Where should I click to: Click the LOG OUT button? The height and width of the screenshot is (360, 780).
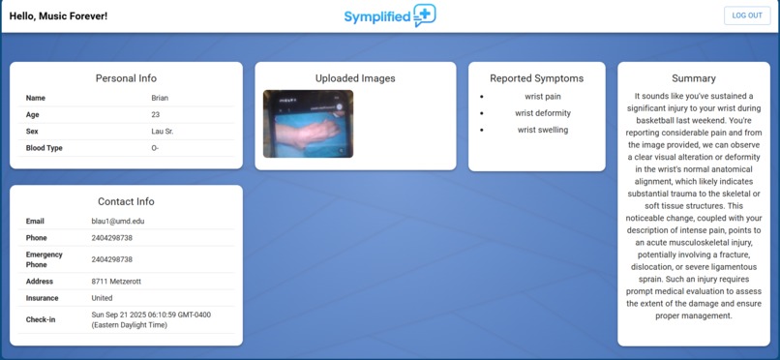point(747,15)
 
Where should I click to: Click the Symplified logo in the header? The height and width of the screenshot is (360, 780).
point(390,15)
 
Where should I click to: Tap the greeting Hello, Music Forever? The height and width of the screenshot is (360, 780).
point(58,16)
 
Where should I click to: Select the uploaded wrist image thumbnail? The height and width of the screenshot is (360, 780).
point(308,124)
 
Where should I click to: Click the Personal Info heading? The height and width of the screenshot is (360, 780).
point(126,78)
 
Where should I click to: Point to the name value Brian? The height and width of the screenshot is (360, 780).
point(160,98)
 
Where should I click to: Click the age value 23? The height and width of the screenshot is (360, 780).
point(156,114)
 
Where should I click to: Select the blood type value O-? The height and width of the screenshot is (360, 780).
point(156,148)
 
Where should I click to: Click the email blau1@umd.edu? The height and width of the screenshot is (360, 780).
point(119,222)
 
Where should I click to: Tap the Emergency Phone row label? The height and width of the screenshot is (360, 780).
point(44,259)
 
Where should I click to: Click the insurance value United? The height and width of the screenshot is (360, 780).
point(102,298)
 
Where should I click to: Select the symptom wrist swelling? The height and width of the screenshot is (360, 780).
point(542,130)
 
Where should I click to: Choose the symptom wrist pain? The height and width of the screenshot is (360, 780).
point(542,97)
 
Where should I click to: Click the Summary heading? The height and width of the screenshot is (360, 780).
point(693,78)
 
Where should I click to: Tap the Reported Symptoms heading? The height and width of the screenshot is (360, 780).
point(536,78)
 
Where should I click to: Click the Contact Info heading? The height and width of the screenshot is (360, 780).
point(126,201)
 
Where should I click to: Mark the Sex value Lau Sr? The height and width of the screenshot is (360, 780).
point(164,131)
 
